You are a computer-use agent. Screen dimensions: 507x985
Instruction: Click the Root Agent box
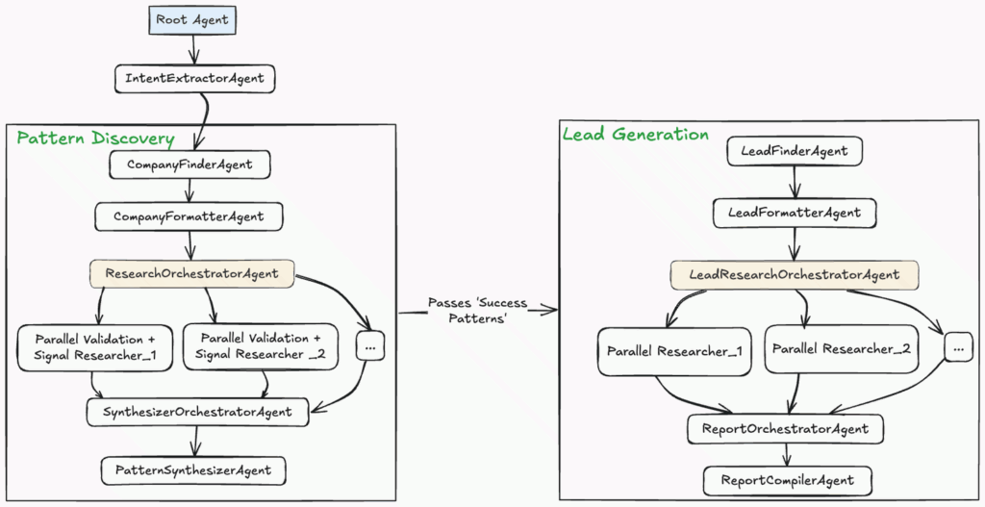pos(192,19)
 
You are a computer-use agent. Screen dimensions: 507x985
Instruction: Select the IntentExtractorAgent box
pos(194,78)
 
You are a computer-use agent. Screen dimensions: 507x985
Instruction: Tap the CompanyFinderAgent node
pos(190,165)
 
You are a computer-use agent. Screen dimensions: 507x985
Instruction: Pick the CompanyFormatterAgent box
pos(189,216)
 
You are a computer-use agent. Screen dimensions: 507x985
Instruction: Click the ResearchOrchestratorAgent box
pos(192,274)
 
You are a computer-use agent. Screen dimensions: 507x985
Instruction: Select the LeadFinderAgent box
pos(795,152)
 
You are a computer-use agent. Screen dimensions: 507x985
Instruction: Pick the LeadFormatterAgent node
pos(795,212)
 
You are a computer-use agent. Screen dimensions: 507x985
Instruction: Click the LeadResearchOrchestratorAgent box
pos(795,275)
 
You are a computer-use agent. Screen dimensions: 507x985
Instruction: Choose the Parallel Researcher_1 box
pos(673,351)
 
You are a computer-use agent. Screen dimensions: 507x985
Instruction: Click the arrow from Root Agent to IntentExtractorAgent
pos(193,48)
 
